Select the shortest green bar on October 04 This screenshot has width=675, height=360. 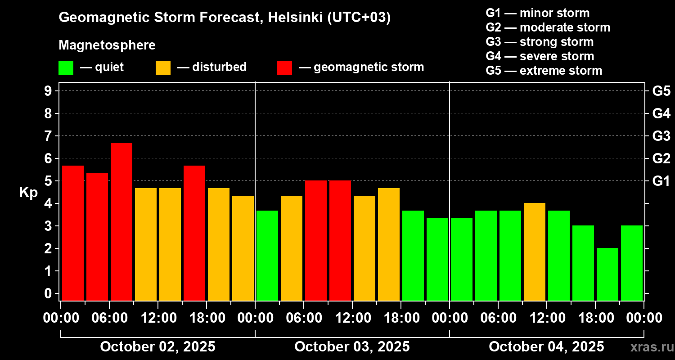click(x=607, y=274)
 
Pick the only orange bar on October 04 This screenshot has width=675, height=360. click(x=535, y=252)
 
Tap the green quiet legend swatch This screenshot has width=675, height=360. click(x=66, y=68)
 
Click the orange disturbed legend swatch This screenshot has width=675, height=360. click(x=163, y=68)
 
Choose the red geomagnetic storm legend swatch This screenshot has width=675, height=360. click(x=284, y=68)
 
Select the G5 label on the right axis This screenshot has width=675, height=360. click(x=661, y=91)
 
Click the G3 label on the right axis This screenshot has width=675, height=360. click(x=661, y=136)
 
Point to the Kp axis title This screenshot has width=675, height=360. click(x=28, y=193)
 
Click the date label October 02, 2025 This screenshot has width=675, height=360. click(x=157, y=347)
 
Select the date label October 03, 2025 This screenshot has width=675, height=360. click(x=352, y=347)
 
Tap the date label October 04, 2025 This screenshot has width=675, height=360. click(x=546, y=347)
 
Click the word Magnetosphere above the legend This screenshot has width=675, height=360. click(x=107, y=45)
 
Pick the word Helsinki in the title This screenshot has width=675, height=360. click(x=295, y=18)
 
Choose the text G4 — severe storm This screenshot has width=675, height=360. click(x=540, y=56)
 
